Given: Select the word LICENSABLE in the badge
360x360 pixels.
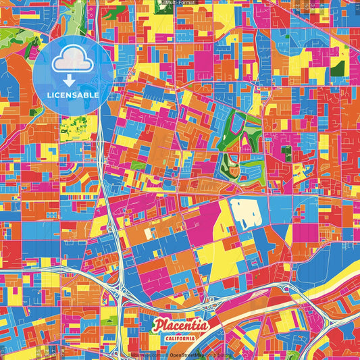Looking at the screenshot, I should pos(72,95).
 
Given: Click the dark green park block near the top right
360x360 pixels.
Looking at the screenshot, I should pos(337,68).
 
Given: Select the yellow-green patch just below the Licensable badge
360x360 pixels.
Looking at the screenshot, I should pos(73,125).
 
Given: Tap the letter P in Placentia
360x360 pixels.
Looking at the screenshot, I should pos(157,326).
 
